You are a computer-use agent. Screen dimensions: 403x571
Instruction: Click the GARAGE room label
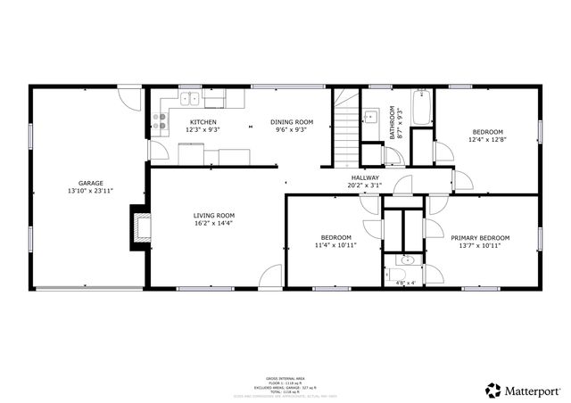[x=90, y=183]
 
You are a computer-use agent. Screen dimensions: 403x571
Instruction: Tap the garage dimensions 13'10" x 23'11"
[x=90, y=191]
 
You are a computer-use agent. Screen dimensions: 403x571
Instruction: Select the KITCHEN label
[x=203, y=122]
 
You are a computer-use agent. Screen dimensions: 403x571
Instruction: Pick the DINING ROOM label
[x=292, y=122]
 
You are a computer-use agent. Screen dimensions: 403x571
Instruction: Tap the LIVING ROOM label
[x=214, y=215]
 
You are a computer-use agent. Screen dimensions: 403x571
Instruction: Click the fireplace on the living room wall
[x=140, y=226]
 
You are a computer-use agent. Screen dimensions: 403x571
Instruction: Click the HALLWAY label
[x=365, y=177]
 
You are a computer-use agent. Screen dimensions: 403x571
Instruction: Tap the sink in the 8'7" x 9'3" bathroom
[x=369, y=115]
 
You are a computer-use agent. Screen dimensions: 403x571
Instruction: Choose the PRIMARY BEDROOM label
[x=480, y=237]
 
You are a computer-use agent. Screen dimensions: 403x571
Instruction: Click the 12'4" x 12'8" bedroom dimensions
[x=488, y=140]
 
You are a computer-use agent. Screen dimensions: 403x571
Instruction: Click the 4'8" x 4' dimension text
[x=406, y=283]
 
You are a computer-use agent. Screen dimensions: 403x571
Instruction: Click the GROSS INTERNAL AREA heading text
[x=285, y=379]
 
